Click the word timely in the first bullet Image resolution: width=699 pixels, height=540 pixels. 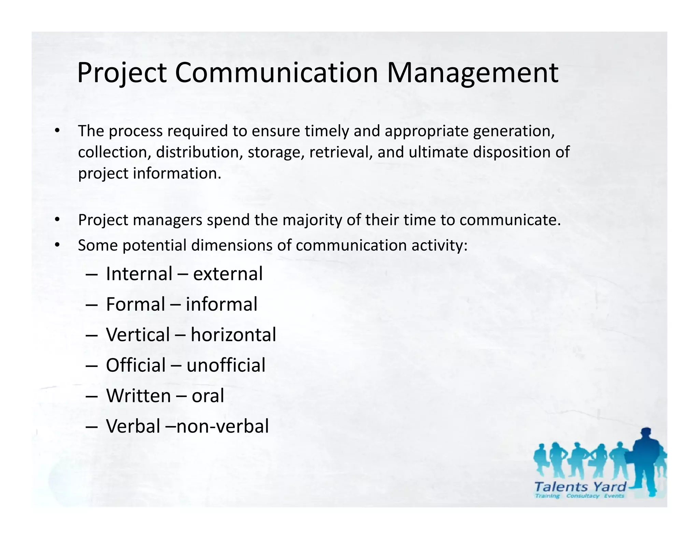327,131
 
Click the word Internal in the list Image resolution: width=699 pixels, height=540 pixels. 139,274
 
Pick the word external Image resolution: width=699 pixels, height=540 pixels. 228,274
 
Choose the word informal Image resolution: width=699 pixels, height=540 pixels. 222,304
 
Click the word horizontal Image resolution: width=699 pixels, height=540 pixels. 233,335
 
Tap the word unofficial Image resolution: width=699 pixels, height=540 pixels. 226,365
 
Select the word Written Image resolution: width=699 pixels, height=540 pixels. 139,396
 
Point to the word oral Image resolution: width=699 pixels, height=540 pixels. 208,396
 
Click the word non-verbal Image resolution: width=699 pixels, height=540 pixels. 223,426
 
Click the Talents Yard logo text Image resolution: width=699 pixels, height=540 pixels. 580,486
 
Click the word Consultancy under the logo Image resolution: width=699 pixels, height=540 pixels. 583,496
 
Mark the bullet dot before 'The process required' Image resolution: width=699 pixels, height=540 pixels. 57,131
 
